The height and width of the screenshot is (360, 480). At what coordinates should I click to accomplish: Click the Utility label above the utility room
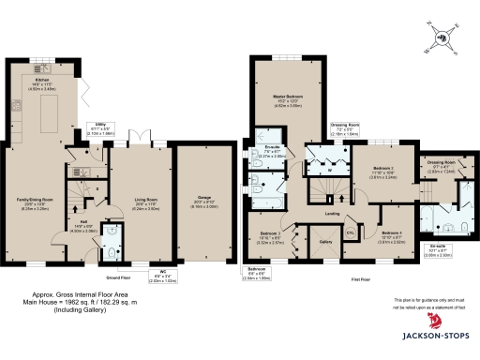click(x=98, y=123)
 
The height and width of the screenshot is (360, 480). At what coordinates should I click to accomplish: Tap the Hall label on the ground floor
click(x=82, y=223)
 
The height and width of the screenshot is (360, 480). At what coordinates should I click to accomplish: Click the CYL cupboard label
click(x=351, y=232)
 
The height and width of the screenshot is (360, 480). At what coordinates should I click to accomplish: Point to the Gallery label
click(x=327, y=242)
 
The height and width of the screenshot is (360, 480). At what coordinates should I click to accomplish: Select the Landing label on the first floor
click(x=331, y=214)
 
